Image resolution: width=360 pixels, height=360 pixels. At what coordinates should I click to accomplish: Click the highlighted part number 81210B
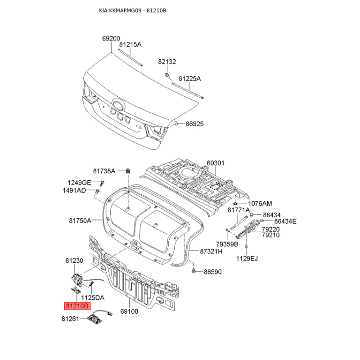click(x=77, y=306)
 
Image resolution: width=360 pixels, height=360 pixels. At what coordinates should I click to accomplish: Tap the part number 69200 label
click(x=111, y=39)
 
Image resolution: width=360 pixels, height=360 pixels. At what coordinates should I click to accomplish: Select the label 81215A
click(x=130, y=44)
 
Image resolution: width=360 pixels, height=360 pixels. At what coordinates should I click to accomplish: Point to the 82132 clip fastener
click(x=167, y=74)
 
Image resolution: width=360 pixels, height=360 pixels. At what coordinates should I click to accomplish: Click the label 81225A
click(x=189, y=79)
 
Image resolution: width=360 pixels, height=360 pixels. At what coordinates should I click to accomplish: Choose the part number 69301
click(x=216, y=163)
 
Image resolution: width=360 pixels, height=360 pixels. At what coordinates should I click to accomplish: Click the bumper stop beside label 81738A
click(x=128, y=171)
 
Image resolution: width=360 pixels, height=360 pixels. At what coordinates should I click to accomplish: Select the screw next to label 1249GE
click(x=102, y=183)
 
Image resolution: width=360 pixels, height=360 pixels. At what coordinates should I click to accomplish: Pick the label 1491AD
click(x=74, y=190)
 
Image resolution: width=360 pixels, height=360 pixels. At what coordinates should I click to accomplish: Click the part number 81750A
click(x=80, y=220)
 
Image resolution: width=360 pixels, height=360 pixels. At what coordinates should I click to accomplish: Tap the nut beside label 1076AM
click(x=235, y=203)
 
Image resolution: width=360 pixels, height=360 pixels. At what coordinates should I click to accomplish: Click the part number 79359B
click(x=227, y=244)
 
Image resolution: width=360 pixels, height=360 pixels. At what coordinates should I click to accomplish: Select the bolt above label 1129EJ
click(x=246, y=246)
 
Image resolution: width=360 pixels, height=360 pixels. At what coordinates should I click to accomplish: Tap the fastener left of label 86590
click(x=193, y=271)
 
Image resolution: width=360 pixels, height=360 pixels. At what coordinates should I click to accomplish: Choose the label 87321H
click(x=211, y=251)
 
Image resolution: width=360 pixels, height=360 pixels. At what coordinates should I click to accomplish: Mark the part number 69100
click(x=129, y=311)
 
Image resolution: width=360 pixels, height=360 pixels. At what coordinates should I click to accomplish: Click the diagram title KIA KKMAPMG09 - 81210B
click(x=132, y=10)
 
